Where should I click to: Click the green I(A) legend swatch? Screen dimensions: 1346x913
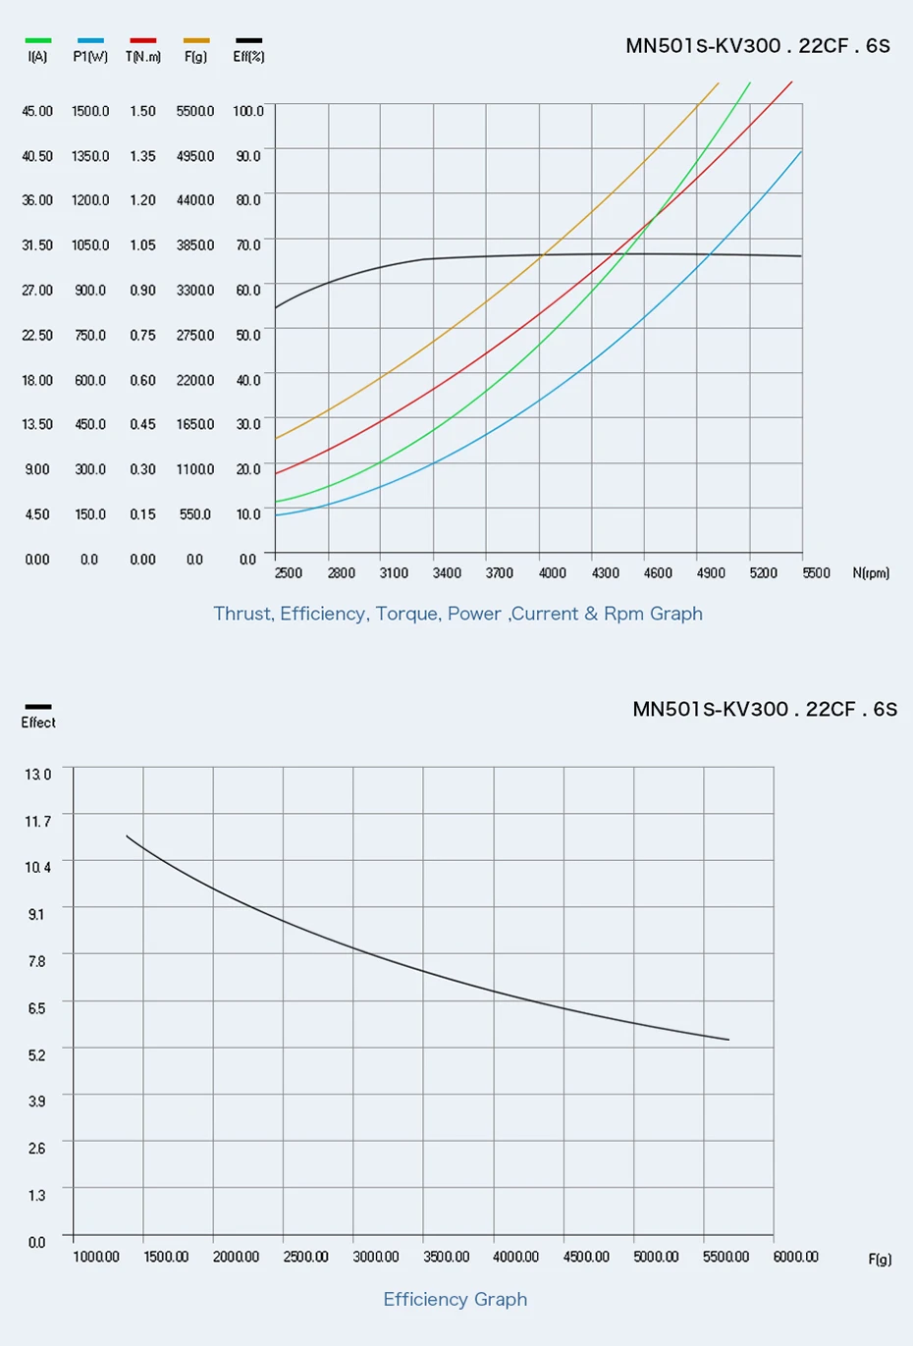(x=38, y=41)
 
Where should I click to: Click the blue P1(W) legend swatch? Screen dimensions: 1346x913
(x=90, y=41)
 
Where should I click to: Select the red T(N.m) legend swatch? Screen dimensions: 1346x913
(x=143, y=41)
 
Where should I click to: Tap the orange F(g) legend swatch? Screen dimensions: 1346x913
(x=196, y=41)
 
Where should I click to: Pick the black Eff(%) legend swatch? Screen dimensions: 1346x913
(x=248, y=41)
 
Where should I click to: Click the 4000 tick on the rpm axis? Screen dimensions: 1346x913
(x=552, y=573)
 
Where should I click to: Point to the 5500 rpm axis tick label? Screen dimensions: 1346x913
(x=816, y=573)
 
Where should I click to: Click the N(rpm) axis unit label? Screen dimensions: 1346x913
(x=871, y=573)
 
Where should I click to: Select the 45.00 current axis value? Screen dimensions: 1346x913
(x=37, y=112)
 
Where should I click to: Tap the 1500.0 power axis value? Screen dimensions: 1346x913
(x=90, y=112)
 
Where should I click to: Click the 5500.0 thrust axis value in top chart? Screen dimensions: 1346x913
(x=195, y=112)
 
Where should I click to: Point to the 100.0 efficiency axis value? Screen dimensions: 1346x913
(x=248, y=112)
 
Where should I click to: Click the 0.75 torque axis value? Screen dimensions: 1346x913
(x=143, y=336)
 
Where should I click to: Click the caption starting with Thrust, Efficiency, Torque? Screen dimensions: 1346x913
(x=457, y=614)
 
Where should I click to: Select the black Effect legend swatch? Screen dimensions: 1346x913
(x=38, y=706)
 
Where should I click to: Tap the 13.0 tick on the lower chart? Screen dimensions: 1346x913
(x=37, y=775)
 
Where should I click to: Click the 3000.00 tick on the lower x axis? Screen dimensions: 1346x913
(x=376, y=1257)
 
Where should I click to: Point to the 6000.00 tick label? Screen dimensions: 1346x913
(x=795, y=1257)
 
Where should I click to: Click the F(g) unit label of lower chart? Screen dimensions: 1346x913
(x=880, y=1260)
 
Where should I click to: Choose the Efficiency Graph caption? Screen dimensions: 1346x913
(x=456, y=1300)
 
